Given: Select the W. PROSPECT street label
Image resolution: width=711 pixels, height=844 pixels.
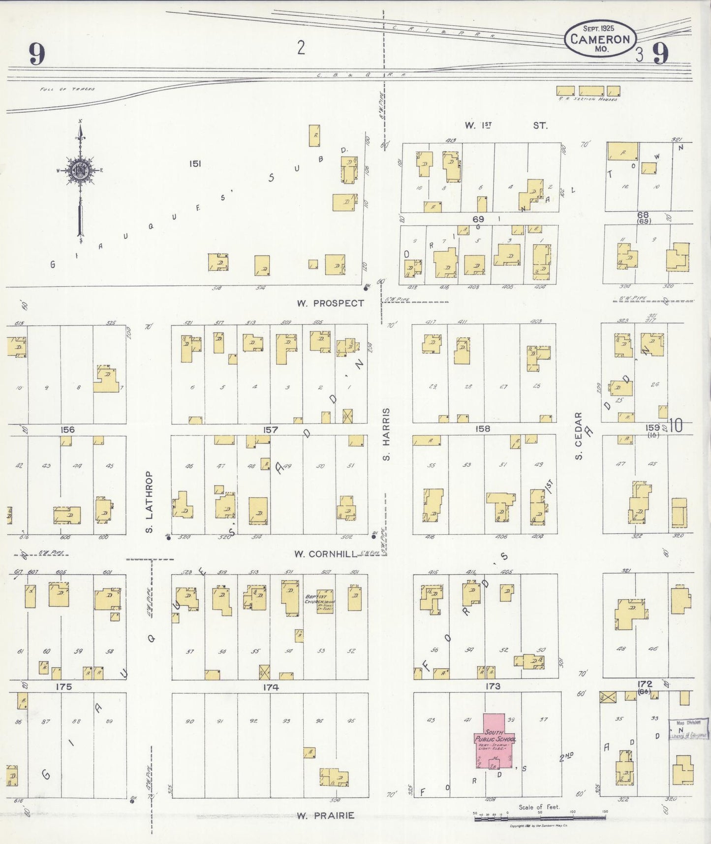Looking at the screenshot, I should pos(330,303).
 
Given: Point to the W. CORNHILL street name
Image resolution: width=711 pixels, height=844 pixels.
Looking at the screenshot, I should pos(325,554).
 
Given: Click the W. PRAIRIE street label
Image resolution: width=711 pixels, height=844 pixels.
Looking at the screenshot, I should pos(325,815).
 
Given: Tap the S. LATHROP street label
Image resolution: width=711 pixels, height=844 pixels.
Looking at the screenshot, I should pos(149,502).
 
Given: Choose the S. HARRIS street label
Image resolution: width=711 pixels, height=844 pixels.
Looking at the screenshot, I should pos(387,434).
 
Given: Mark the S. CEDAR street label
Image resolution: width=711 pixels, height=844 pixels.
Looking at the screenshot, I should pos(579,436).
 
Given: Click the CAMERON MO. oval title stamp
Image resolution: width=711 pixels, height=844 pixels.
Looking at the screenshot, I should pos(600,38).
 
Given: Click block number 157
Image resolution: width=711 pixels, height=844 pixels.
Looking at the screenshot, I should pos(270,430).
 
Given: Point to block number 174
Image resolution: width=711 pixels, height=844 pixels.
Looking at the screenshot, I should pos(271,687).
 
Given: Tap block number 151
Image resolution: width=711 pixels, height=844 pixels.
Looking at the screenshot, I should pos(195,163).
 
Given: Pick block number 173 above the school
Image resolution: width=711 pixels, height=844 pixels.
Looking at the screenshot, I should pos(493,686).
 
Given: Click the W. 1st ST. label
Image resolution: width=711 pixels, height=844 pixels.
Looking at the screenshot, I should pos(505,126).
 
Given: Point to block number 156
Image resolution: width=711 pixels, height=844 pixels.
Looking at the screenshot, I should pos(67,430).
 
